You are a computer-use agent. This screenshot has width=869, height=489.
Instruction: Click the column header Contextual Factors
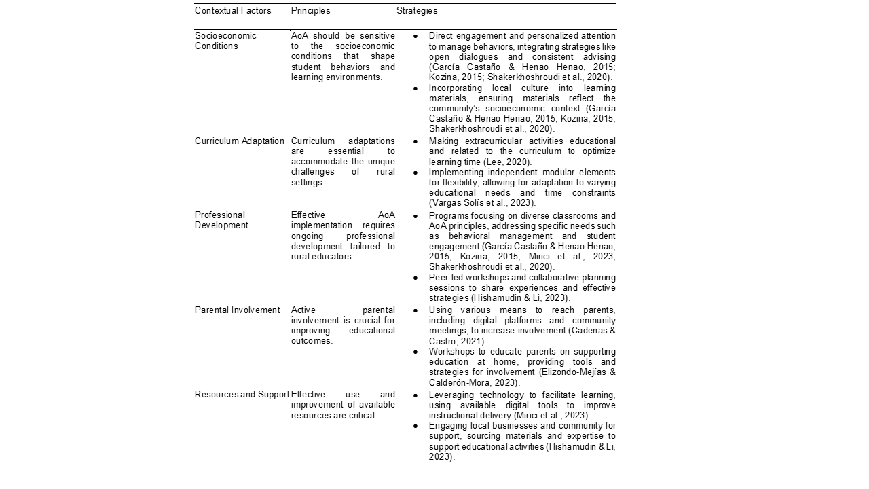point(233,11)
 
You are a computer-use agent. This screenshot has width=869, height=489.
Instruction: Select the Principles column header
point(310,11)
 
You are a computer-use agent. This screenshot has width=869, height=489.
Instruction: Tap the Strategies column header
point(417,11)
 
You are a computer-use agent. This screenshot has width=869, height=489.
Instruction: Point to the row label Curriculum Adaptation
point(240,141)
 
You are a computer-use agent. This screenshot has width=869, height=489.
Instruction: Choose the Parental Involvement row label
point(237,310)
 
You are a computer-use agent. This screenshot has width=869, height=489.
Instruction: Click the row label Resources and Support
point(242,395)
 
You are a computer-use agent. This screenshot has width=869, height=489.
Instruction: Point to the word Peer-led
point(445,278)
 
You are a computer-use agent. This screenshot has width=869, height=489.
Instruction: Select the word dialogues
point(478,57)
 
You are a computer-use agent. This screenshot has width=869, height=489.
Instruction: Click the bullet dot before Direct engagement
point(415,36)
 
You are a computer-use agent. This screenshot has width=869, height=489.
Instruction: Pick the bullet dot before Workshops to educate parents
point(415,352)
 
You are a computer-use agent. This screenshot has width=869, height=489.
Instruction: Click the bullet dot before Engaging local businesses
point(415,426)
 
